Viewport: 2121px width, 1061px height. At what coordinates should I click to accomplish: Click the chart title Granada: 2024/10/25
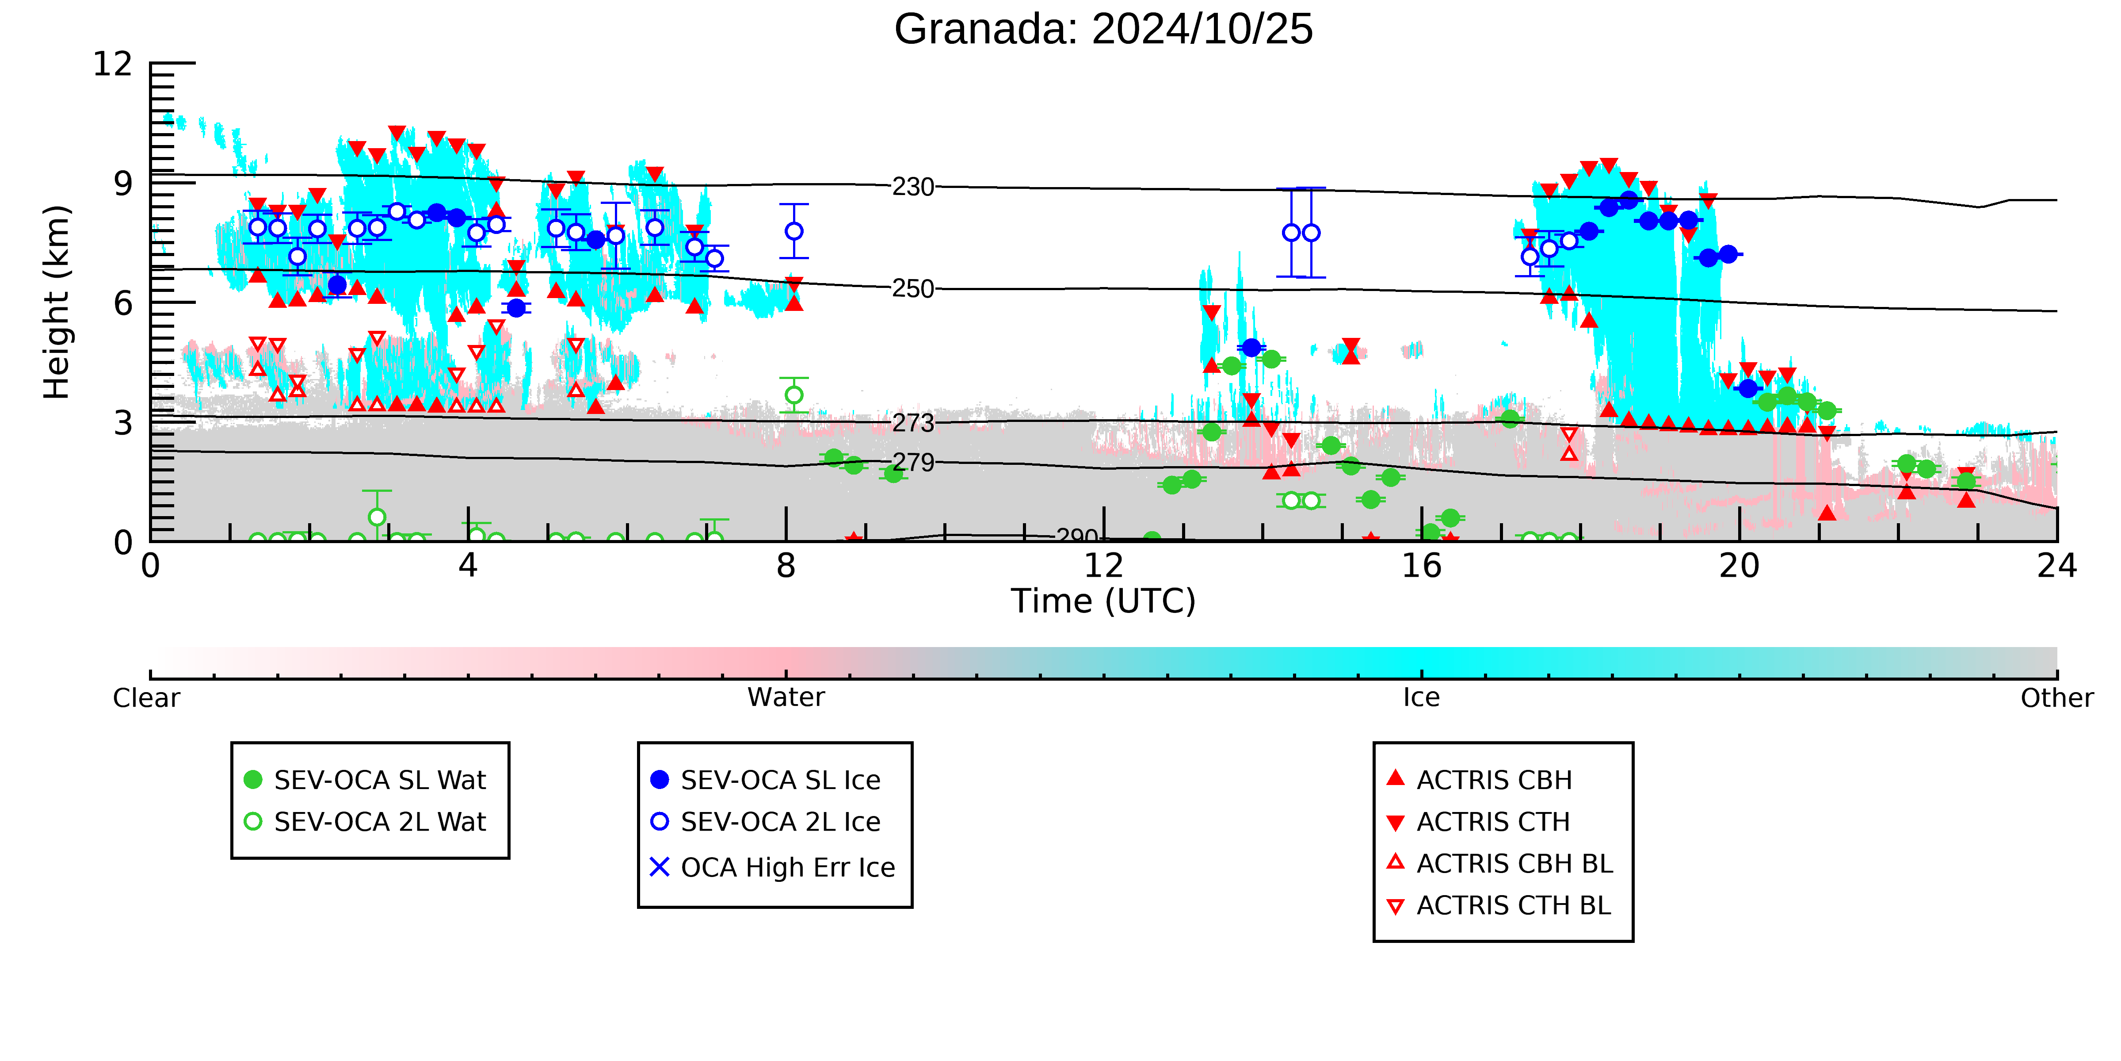(1103, 30)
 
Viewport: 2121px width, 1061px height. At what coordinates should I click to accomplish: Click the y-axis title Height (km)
(57, 303)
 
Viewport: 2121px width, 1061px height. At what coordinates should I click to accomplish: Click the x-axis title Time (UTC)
(1103, 601)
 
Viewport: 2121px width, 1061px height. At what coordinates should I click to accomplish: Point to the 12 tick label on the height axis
(113, 63)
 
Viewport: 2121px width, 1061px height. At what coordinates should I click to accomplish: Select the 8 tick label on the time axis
(786, 566)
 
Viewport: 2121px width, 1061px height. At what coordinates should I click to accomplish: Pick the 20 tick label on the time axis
(1739, 566)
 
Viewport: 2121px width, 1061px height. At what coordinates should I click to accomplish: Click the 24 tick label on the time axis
(2057, 566)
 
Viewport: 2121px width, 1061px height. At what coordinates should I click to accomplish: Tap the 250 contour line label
(913, 289)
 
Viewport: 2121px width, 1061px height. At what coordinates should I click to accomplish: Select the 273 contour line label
(913, 423)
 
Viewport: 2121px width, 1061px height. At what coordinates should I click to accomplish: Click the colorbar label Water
(786, 698)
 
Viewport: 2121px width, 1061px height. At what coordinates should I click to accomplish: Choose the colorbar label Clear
(147, 698)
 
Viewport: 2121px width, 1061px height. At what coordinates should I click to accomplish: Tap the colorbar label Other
(2057, 698)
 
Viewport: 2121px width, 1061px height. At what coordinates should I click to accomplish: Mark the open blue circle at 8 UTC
(794, 231)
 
